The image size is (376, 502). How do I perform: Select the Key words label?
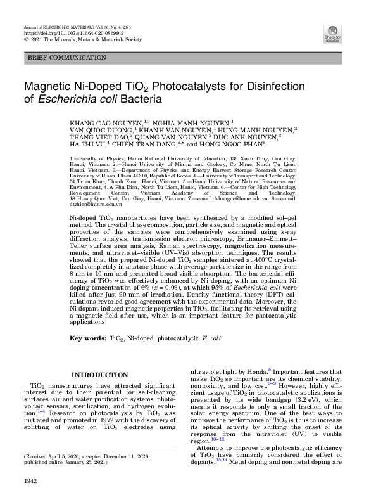click(x=87, y=338)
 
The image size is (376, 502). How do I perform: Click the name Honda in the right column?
click(x=257, y=372)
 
